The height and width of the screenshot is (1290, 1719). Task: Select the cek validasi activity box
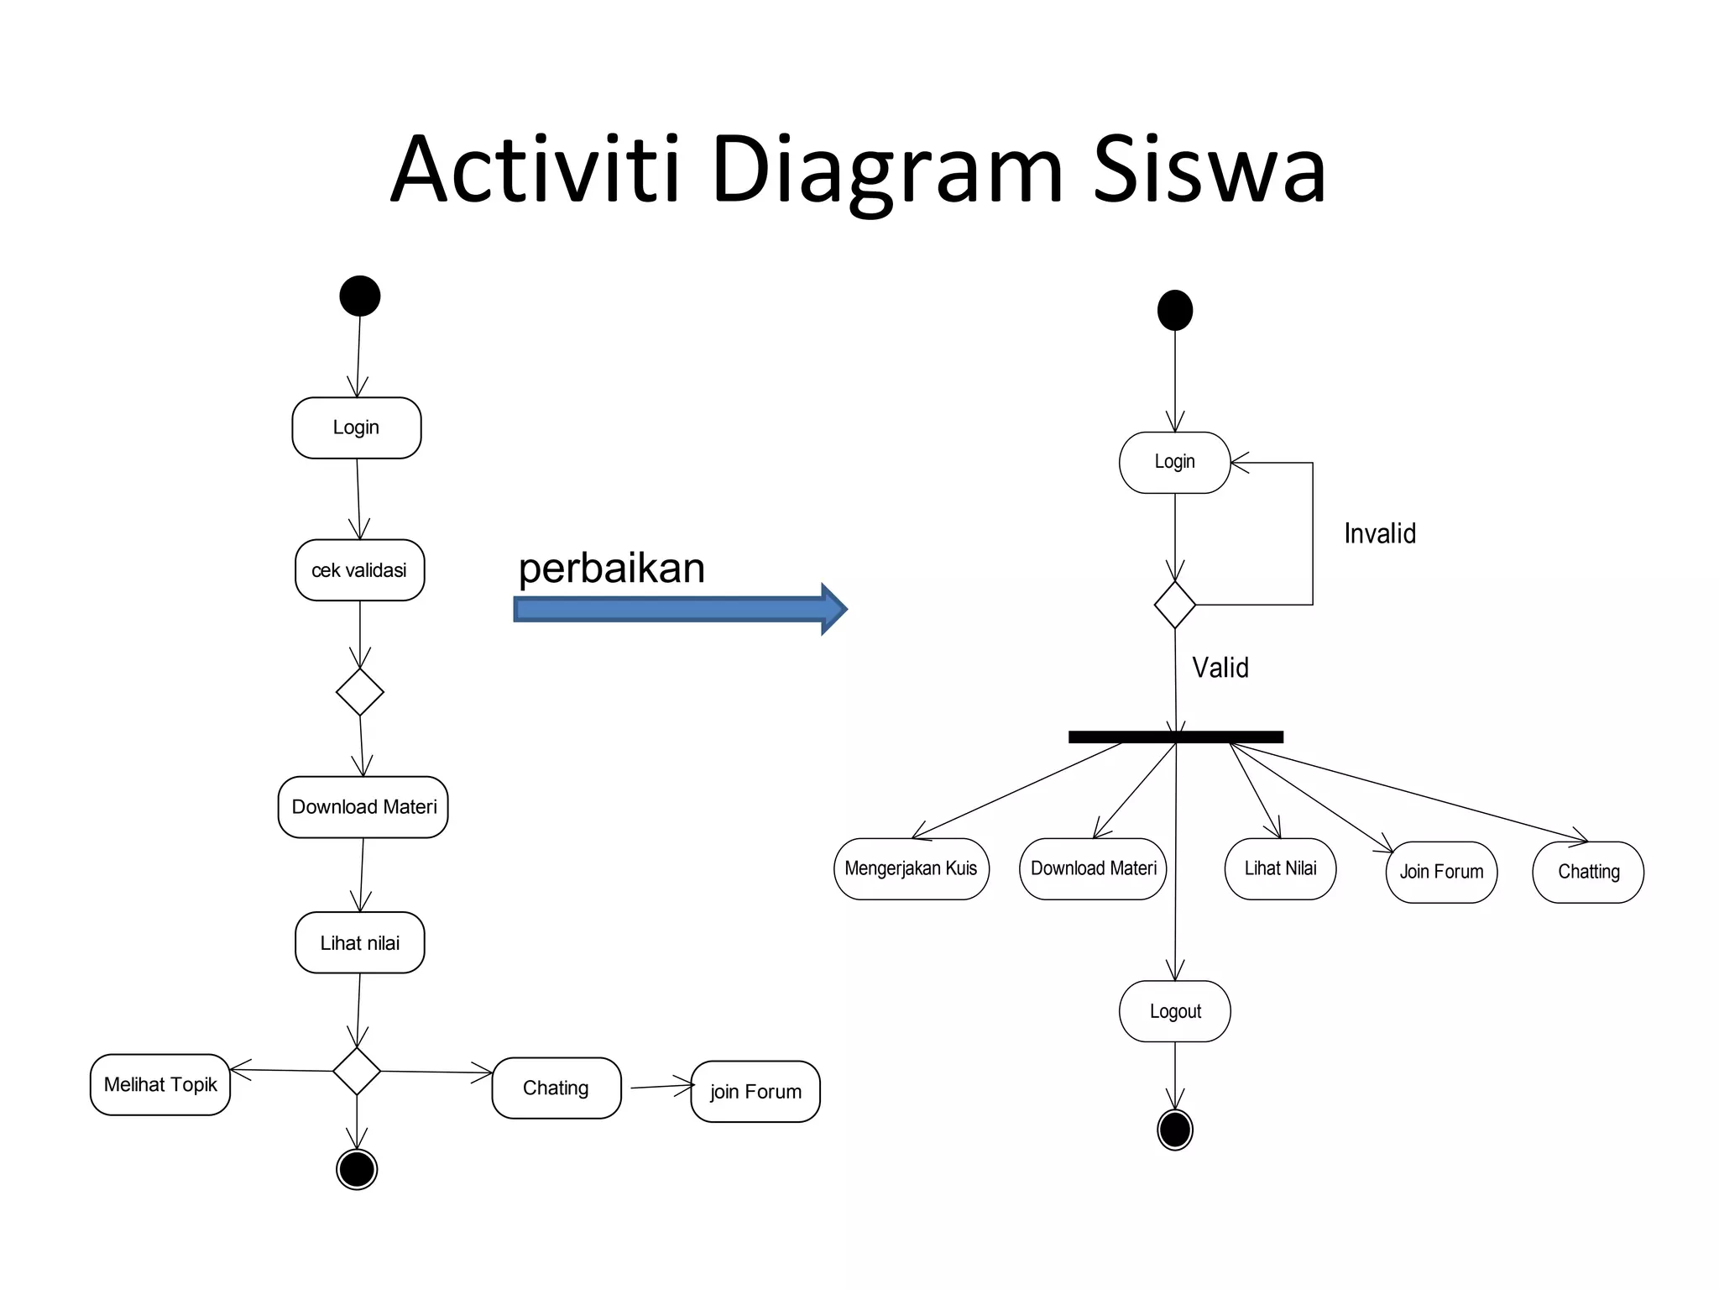click(359, 570)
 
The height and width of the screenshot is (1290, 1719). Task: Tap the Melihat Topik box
click(160, 1084)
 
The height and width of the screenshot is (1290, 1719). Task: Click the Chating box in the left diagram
click(556, 1088)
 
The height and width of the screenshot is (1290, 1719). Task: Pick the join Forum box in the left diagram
click(755, 1092)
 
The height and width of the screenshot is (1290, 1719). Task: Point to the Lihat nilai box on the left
click(359, 942)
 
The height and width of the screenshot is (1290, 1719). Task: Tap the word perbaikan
click(611, 569)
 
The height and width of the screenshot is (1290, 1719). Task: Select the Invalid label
click(1380, 533)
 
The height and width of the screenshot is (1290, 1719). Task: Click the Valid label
click(1220, 668)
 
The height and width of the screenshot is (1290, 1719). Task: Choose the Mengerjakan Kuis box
click(911, 868)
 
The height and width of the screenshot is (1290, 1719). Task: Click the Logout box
click(1175, 1011)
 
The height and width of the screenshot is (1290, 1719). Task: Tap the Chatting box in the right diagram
click(1588, 872)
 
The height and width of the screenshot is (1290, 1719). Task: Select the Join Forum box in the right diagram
click(1441, 872)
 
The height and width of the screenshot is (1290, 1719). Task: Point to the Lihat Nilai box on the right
click(1280, 868)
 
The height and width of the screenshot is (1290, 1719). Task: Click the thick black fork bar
click(1175, 737)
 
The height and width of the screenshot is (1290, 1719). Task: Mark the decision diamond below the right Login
click(1175, 605)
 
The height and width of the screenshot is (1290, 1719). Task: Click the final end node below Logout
click(1175, 1130)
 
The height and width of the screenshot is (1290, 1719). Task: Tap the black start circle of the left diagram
click(360, 296)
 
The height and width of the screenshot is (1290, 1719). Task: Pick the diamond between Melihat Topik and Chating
click(357, 1071)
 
